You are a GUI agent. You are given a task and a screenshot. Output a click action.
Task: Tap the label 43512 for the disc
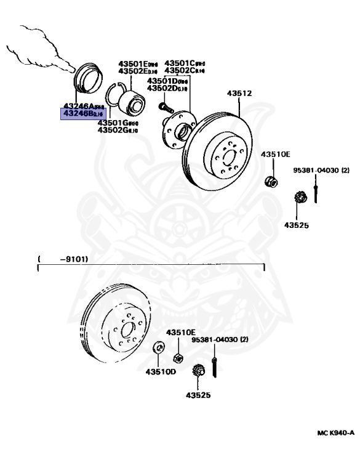pos(239,94)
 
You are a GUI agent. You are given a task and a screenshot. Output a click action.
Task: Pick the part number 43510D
pos(161,371)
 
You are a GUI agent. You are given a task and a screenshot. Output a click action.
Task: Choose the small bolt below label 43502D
pos(162,107)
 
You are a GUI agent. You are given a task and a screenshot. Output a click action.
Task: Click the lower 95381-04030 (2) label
pos(219,339)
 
